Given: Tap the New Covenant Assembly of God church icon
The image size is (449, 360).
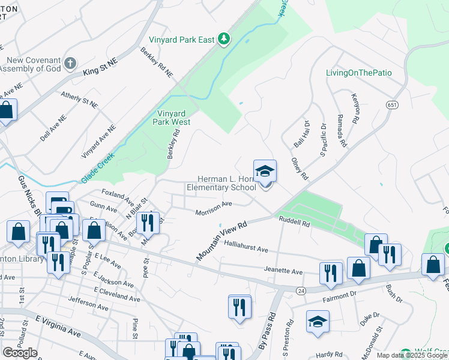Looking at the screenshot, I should pos(70,63).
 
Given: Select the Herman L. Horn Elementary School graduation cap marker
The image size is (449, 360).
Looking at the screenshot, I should pos(265,172).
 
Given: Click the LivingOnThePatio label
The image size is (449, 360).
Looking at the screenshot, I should pos(358,73).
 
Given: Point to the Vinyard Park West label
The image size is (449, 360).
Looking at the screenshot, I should pos(173,117).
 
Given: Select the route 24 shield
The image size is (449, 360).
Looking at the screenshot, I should pos(300,290).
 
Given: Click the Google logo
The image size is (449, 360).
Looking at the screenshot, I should pos(20,353).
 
